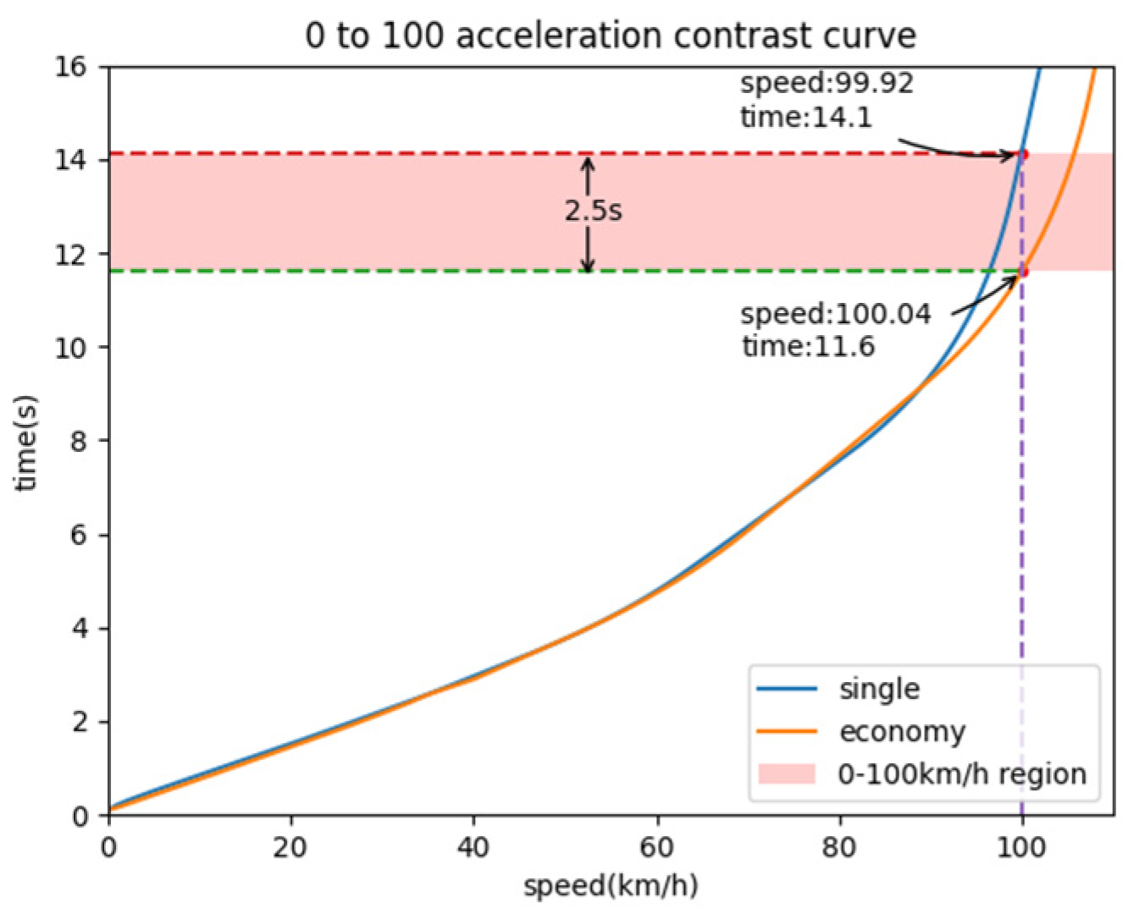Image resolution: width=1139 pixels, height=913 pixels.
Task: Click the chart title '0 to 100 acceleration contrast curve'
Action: pyautogui.click(x=611, y=36)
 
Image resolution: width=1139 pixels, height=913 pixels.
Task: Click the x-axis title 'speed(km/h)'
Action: pyautogui.click(x=611, y=886)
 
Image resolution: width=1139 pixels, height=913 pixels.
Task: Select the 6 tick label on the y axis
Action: pyautogui.click(x=78, y=535)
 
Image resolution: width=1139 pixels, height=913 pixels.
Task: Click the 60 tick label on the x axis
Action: pyautogui.click(x=656, y=847)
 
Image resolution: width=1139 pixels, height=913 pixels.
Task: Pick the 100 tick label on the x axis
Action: pyautogui.click(x=1021, y=847)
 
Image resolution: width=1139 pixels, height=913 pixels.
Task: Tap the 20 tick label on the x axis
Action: pyautogui.click(x=290, y=847)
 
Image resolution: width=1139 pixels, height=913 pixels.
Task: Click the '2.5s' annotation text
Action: pyautogui.click(x=593, y=211)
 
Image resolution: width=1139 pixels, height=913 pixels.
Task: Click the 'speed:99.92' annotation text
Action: pyautogui.click(x=827, y=83)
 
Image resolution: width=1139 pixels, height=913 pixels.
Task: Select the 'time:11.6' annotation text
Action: pyautogui.click(x=808, y=347)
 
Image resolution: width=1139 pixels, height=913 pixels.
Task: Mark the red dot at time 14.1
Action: pyautogui.click(x=1023, y=155)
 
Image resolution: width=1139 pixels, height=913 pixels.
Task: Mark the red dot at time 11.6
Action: pyautogui.click(x=1023, y=272)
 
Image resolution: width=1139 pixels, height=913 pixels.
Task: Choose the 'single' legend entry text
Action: pyautogui.click(x=879, y=689)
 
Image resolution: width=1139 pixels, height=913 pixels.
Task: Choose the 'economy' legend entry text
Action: pyautogui.click(x=902, y=732)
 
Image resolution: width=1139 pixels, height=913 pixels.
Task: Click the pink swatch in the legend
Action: pyautogui.click(x=786, y=774)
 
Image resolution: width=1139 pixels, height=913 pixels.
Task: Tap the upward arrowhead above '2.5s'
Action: pyautogui.click(x=589, y=161)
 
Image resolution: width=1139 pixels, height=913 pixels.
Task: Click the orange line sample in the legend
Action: pyautogui.click(x=786, y=732)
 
